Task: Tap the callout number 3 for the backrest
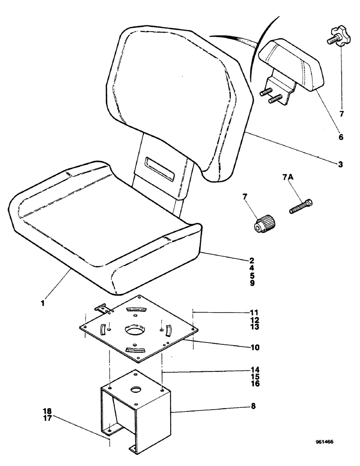(340, 164)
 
